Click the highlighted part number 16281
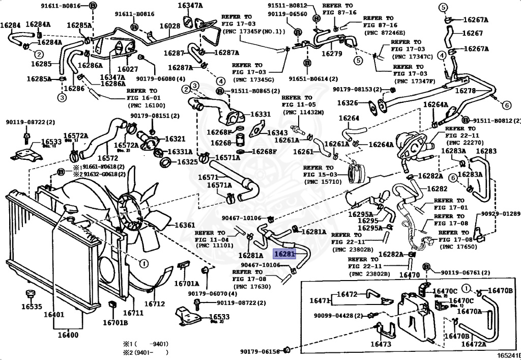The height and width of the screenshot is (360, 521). coord(284,254)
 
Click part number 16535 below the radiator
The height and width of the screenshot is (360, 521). coord(31,307)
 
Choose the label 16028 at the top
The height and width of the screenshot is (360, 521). coord(169,26)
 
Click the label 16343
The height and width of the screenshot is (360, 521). coord(277,133)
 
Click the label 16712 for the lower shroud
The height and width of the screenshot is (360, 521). coord(155,304)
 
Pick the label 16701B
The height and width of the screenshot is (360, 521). coord(116,322)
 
